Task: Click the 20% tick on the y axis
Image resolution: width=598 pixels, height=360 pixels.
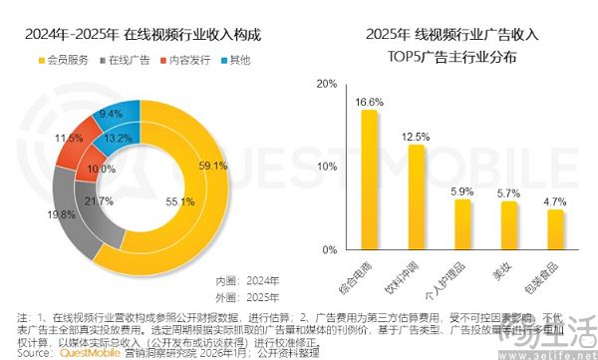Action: click(325, 85)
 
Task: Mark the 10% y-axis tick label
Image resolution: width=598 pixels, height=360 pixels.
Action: click(325, 167)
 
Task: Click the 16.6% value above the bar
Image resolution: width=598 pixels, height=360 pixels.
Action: click(369, 102)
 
